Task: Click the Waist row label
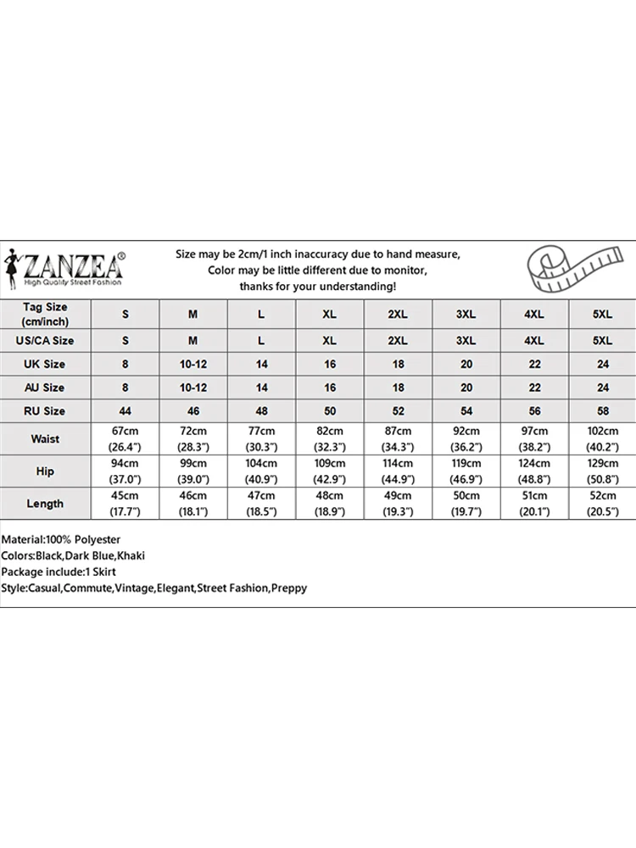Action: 45,439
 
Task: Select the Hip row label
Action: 45,471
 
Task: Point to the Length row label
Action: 45,503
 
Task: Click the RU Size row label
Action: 45,411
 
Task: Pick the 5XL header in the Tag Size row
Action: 601,314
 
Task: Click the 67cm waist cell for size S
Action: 126,439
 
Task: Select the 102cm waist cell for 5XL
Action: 601,439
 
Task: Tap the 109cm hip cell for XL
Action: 329,471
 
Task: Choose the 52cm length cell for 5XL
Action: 601,503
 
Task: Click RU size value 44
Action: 126,411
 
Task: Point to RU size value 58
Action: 601,411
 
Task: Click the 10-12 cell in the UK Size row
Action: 193,364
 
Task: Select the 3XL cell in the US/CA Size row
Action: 466,340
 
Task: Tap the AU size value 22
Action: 533,388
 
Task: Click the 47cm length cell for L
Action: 261,503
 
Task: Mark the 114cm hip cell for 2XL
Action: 397,471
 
